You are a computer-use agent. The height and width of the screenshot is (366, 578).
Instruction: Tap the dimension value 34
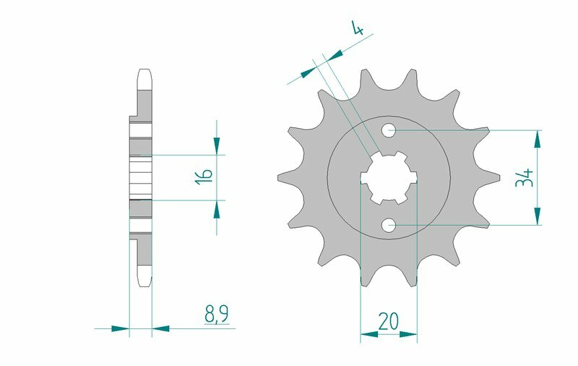point(524,177)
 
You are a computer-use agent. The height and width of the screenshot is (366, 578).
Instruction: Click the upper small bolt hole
point(389,131)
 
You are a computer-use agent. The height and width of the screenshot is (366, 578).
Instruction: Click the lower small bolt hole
point(389,225)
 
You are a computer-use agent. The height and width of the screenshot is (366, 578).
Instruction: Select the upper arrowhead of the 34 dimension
point(538,139)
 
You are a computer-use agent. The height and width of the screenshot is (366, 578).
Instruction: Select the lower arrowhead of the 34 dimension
point(538,216)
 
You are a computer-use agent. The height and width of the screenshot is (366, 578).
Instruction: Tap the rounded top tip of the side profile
point(143,72)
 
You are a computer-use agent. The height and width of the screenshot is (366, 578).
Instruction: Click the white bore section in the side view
point(141,177)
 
